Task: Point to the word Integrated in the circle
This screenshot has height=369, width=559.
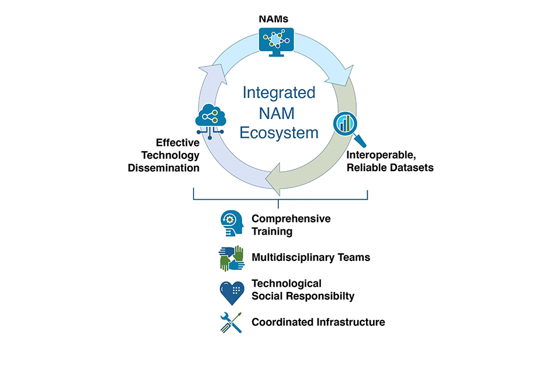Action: pos(279,93)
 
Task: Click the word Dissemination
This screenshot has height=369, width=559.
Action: pos(165,168)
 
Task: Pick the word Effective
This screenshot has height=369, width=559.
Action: pos(177,142)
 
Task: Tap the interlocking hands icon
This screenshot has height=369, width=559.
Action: pos(231,257)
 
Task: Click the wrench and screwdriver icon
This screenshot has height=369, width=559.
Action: pos(231,322)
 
